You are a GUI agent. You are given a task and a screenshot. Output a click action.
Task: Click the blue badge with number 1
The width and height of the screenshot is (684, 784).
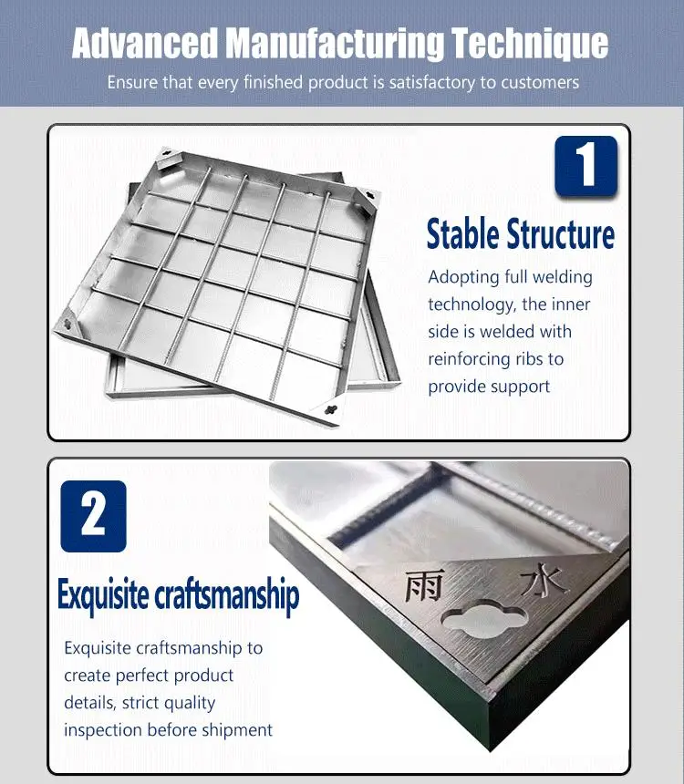[586, 167]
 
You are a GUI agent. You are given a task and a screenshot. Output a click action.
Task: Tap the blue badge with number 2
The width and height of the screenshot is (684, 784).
[94, 515]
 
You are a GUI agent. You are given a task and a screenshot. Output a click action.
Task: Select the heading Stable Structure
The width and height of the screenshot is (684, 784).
[521, 234]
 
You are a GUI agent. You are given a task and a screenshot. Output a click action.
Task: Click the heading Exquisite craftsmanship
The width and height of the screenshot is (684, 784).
[178, 596]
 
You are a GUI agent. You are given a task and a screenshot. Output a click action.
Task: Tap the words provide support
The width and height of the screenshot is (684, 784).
[489, 387]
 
